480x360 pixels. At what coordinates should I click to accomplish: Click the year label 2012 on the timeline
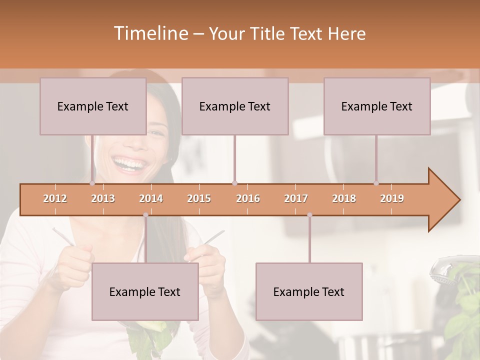pos(55,198)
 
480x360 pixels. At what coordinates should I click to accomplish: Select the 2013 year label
pos(103,198)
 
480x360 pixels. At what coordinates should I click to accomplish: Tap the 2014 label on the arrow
pos(151,198)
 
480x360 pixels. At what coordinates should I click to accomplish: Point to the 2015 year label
pos(199,198)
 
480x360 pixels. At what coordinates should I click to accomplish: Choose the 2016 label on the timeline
pos(248,198)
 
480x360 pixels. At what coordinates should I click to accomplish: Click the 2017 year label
pos(296,198)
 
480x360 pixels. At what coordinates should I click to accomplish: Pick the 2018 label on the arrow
pos(344,198)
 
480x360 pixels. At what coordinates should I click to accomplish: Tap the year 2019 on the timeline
pos(392,198)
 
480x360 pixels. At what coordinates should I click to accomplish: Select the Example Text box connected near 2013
pos(93,106)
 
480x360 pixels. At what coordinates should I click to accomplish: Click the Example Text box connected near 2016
pos(235,106)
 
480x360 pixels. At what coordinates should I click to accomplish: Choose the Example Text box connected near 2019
pos(377,106)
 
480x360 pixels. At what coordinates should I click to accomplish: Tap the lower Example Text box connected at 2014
pos(145,291)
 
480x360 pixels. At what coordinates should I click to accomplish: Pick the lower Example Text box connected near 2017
pos(309,291)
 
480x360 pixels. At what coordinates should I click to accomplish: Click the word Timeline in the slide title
pos(150,33)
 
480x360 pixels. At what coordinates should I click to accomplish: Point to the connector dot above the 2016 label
pos(235,183)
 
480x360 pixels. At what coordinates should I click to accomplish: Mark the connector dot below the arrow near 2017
pos(309,215)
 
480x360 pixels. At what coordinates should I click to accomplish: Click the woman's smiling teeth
pos(126,162)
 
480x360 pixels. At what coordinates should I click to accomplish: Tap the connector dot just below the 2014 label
pos(145,215)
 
